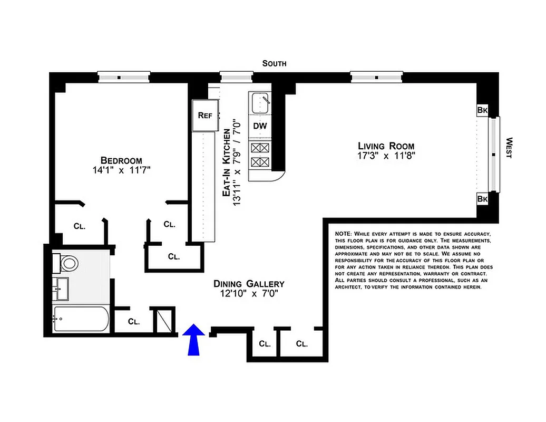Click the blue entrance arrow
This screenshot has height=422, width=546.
195,339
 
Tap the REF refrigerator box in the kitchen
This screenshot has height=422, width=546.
205,116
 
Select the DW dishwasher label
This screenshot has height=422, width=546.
260,126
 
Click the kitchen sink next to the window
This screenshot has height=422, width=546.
260,103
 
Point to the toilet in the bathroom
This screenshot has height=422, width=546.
66,262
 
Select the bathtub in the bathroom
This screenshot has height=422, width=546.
81,320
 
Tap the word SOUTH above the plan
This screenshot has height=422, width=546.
275,63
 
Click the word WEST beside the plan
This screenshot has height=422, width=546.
509,148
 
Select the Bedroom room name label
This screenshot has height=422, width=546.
121,161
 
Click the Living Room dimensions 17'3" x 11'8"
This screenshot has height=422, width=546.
386,156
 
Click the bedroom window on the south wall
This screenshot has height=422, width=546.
124,77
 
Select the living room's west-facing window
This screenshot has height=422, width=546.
494,155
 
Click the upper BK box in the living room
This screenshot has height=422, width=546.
482,110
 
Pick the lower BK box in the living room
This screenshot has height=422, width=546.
482,199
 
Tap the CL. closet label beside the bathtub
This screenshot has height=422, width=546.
133,321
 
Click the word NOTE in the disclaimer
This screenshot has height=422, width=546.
343,234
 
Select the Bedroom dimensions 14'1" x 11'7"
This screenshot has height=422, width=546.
121,171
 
